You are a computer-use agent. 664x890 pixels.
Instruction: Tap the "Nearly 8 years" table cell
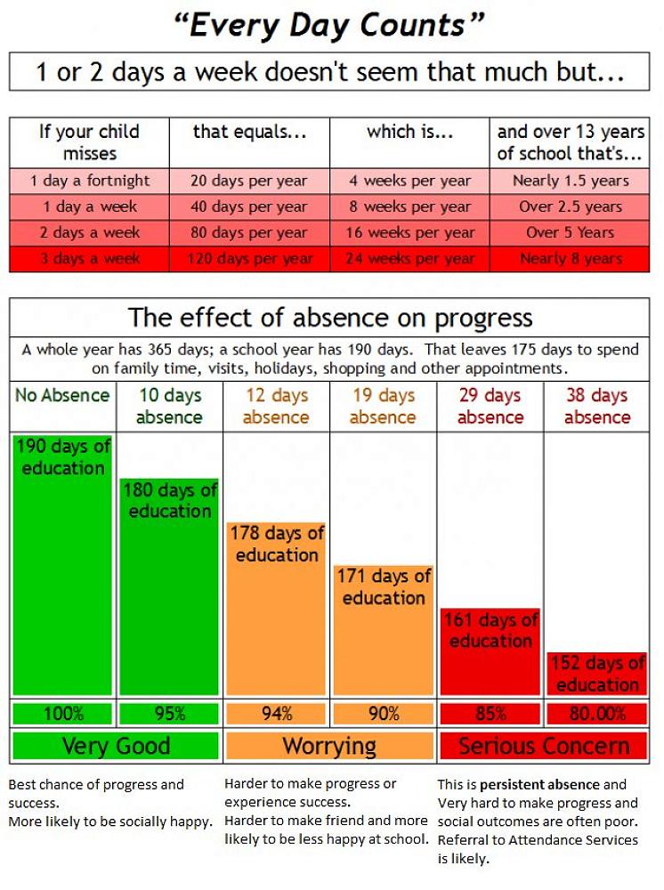[x=571, y=259]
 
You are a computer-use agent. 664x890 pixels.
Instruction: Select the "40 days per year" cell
[x=249, y=206]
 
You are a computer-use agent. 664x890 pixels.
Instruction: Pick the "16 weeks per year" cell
[x=409, y=232]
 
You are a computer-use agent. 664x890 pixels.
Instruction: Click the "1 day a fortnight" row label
[x=90, y=181]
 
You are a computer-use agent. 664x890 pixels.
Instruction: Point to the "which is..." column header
[x=409, y=133]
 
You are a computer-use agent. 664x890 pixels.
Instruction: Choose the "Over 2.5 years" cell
[x=571, y=206]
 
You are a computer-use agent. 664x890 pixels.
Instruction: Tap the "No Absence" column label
[x=62, y=395]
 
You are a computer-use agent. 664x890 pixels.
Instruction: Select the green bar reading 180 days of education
[x=169, y=587]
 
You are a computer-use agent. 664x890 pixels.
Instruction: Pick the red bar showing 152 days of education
[x=596, y=674]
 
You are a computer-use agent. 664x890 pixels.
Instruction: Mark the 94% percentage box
[x=276, y=714]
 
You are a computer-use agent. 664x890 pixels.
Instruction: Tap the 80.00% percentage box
[x=596, y=714]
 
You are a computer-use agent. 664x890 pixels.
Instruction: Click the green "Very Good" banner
[x=116, y=746]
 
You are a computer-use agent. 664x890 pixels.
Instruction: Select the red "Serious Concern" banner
[x=543, y=746]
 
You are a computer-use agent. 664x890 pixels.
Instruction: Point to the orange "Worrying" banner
[x=329, y=746]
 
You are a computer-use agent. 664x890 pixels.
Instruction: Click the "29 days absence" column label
[x=490, y=406]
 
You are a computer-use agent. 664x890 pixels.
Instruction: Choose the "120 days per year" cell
[x=249, y=259]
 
